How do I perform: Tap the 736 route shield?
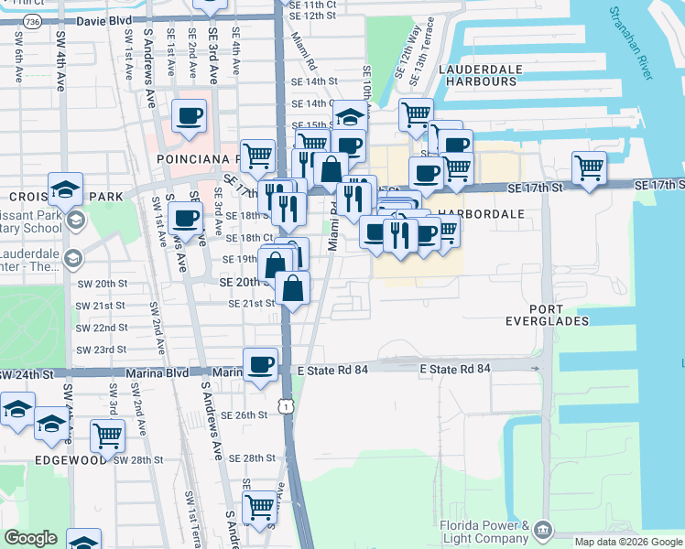tap(32, 20)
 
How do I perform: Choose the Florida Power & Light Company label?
tap(484, 533)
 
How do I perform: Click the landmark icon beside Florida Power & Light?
tap(543, 529)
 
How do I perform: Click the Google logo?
tap(30, 538)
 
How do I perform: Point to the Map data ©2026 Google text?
tap(627, 542)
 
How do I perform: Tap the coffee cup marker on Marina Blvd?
tap(260, 363)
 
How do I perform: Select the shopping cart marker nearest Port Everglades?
tap(589, 167)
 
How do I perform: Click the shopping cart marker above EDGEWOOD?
tap(107, 435)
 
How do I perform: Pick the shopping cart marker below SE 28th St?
tap(259, 506)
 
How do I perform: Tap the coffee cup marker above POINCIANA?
tap(189, 116)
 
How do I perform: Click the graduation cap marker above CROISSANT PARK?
tap(65, 188)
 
